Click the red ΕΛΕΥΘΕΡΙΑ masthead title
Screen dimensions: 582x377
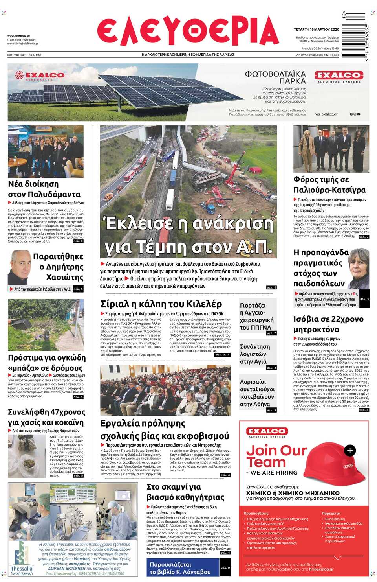(x=188, y=31)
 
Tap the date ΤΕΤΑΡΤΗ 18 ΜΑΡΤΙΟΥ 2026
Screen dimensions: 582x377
(x=316, y=29)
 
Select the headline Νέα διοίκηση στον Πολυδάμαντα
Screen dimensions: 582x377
(x=44, y=189)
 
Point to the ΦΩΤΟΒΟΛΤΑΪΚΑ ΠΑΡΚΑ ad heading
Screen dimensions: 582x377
(x=275, y=77)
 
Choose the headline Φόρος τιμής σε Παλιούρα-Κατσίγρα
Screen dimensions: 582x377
(x=329, y=184)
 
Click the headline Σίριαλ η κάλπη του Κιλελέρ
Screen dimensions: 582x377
(x=161, y=304)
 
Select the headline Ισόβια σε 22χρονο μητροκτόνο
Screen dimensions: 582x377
(x=328, y=324)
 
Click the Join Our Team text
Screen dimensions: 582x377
(x=276, y=456)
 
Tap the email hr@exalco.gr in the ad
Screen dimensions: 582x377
(x=321, y=569)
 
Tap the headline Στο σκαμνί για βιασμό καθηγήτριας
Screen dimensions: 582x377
(x=185, y=492)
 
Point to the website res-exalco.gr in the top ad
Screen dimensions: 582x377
(x=326, y=114)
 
